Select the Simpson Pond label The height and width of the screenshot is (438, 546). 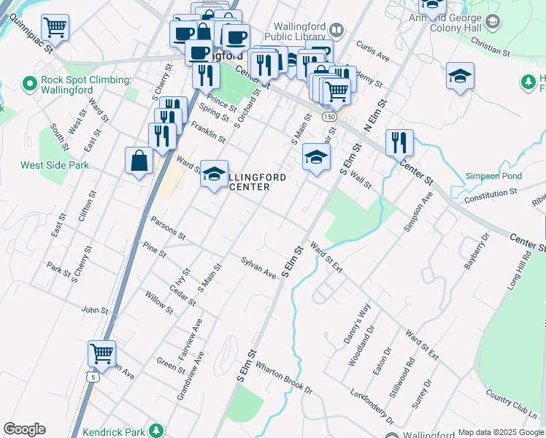coord(493,177)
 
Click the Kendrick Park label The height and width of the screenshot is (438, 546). coord(116,431)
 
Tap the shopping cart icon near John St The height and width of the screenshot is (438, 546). coord(101,354)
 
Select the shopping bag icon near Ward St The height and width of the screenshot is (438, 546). coord(139,161)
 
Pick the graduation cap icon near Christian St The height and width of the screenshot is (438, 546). coord(460,76)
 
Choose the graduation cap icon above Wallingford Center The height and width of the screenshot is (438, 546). coord(214,174)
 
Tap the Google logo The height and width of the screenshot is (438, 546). coord(24,429)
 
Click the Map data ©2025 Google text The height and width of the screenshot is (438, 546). coord(501,432)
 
